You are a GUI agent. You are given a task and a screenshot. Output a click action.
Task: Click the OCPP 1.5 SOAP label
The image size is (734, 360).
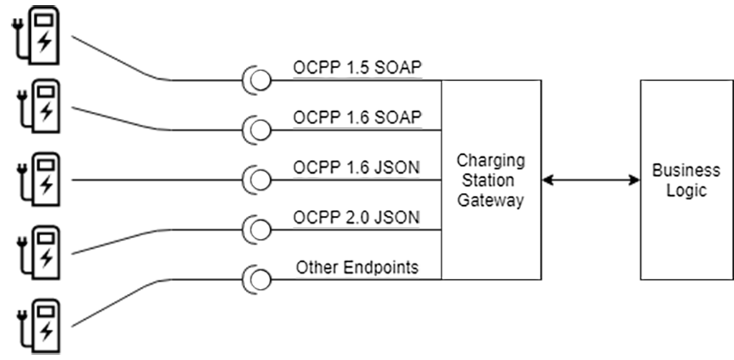pos(356,69)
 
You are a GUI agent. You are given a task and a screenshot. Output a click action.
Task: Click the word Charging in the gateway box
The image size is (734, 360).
pos(491,159)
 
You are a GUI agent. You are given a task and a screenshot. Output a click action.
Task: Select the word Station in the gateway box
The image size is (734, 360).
pos(491,180)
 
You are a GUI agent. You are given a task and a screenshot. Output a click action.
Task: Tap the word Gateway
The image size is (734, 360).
pos(491,201)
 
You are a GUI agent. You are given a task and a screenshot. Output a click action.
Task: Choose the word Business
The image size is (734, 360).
pos(686,171)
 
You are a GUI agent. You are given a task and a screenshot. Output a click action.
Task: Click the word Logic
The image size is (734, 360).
pos(686,191)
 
